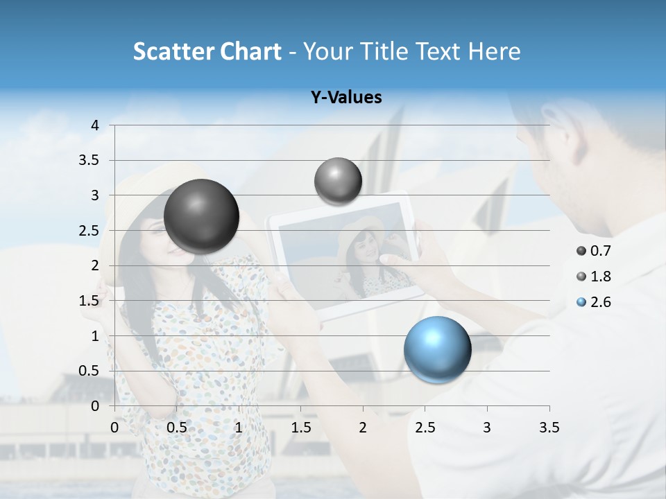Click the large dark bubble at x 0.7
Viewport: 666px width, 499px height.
(x=201, y=216)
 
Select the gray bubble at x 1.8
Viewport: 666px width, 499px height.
(x=338, y=181)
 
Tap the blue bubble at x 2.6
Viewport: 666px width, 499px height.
(x=437, y=349)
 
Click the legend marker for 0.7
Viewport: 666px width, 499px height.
(x=581, y=251)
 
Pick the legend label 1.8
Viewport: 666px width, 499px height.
(x=600, y=277)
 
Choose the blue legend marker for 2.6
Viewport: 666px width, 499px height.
(x=581, y=302)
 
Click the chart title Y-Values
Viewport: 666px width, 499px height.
(x=346, y=98)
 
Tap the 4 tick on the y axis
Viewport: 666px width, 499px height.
(x=95, y=125)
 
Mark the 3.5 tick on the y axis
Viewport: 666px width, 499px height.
(x=90, y=160)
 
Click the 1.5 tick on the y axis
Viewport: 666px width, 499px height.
(x=90, y=300)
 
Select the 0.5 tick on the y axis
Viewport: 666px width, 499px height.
(x=90, y=371)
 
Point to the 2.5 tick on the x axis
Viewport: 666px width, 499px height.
(x=425, y=428)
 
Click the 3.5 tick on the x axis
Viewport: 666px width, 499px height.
(x=549, y=428)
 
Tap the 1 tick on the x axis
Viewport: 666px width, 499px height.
(x=239, y=428)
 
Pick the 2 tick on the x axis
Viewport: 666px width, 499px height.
(x=363, y=428)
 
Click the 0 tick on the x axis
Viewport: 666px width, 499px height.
(x=114, y=428)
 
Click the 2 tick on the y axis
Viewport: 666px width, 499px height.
(x=95, y=265)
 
